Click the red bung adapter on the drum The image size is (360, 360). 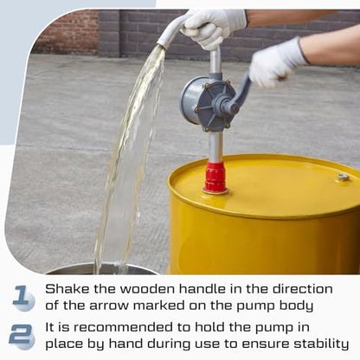point(215,177)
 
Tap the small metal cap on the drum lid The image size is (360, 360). point(343,177)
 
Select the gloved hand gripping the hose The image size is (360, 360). point(215,28)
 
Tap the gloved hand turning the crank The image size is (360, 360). point(275,63)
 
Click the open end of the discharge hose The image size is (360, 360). point(162,45)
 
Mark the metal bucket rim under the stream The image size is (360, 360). point(101,269)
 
